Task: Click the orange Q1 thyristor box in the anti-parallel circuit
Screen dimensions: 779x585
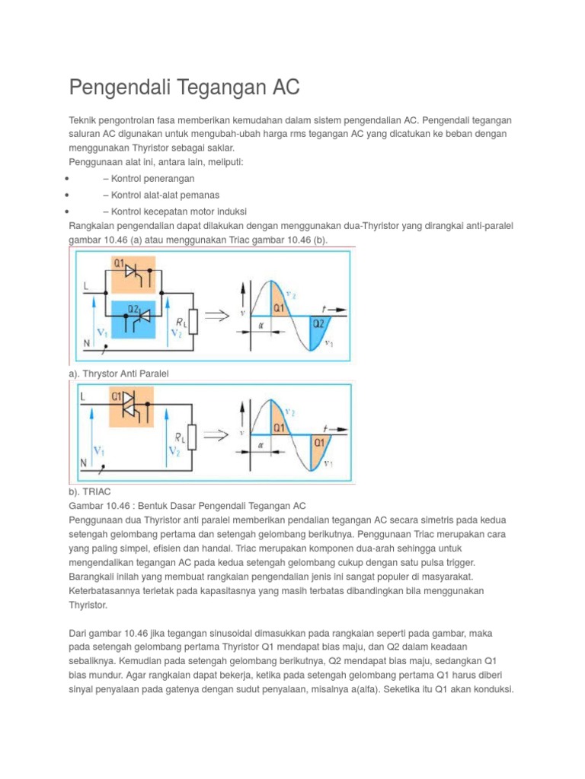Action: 134,273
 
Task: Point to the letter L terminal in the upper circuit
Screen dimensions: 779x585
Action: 86,286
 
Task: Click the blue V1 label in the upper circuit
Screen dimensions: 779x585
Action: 101,332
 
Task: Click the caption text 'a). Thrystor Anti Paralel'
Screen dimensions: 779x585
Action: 118,374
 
